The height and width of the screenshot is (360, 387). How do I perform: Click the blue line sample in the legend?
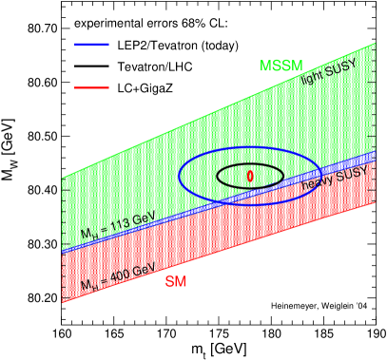click(x=91, y=44)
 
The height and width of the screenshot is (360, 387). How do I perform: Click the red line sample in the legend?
click(x=91, y=87)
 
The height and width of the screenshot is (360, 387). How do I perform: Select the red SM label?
click(x=175, y=281)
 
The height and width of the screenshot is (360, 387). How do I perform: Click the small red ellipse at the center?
click(x=250, y=176)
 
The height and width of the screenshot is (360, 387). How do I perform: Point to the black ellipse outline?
click(x=218, y=176)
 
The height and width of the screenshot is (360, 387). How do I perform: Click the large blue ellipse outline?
click(x=181, y=176)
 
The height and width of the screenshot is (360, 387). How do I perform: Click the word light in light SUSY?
click(x=314, y=79)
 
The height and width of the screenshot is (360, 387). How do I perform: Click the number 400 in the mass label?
click(x=121, y=276)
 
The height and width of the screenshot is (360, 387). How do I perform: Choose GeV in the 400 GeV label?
click(x=145, y=271)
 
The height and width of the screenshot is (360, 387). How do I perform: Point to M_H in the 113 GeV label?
click(x=87, y=232)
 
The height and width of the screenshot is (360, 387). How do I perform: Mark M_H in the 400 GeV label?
click(x=87, y=284)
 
